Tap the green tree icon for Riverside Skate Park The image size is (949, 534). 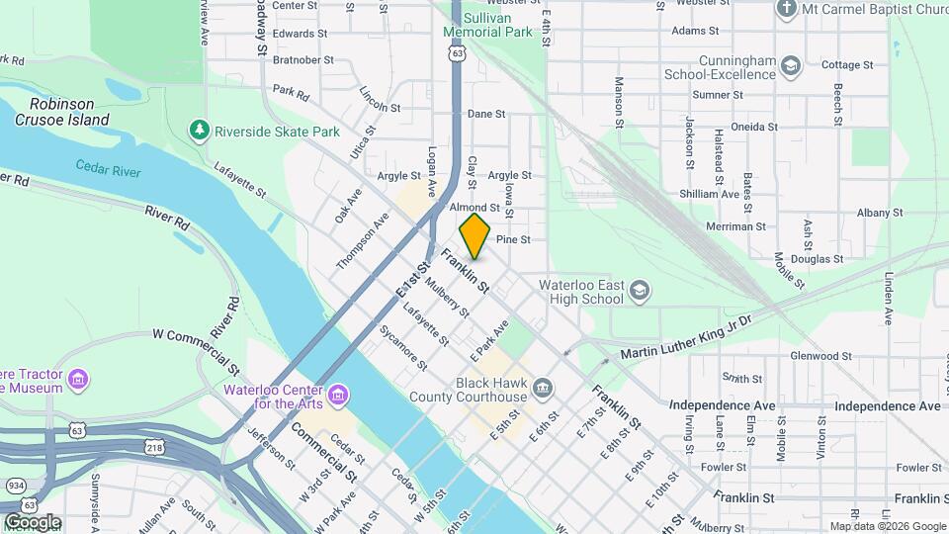point(201,131)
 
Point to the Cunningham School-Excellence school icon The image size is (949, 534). point(790,66)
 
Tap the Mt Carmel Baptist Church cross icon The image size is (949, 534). point(786,10)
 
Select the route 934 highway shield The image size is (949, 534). point(16,486)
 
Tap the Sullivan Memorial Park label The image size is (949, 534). point(488,25)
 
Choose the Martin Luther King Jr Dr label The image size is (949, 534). point(686,336)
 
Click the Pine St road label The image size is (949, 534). point(513,240)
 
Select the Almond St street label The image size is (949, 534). point(468,208)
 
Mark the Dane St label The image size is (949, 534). point(486,114)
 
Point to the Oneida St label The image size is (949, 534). point(754,127)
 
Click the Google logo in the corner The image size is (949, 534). point(32,521)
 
